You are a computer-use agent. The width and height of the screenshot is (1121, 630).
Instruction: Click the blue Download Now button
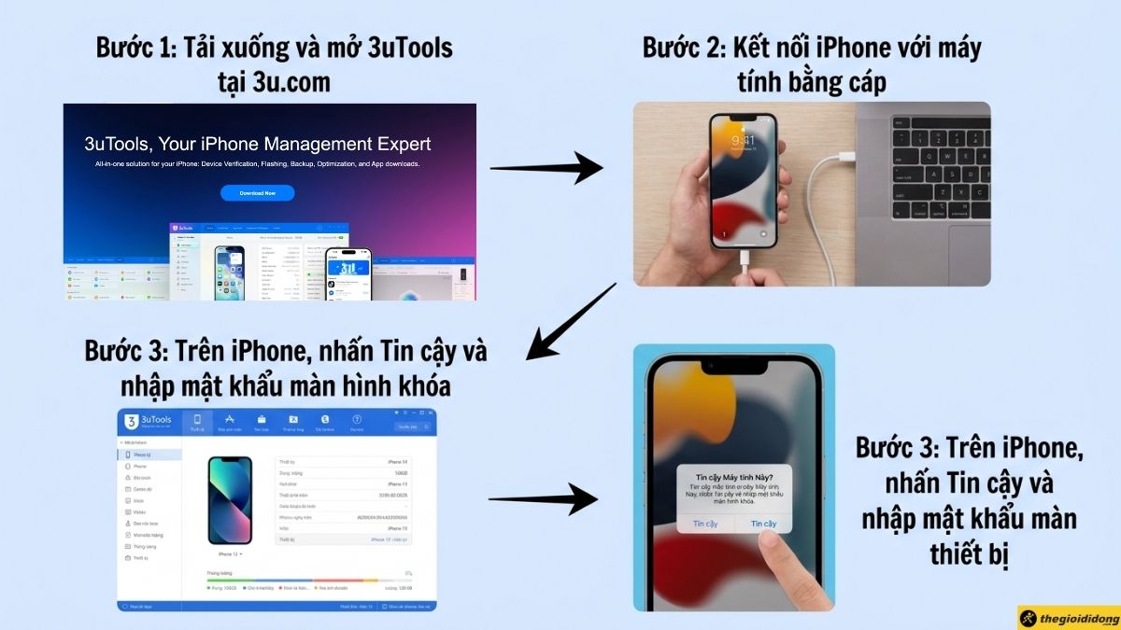pyautogui.click(x=257, y=193)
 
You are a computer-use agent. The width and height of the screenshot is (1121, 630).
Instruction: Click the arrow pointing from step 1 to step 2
pyautogui.click(x=546, y=168)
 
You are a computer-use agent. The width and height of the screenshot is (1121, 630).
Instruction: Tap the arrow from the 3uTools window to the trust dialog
pyautogui.click(x=542, y=499)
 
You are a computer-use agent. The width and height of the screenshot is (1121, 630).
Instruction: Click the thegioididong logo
pyautogui.click(x=1069, y=618)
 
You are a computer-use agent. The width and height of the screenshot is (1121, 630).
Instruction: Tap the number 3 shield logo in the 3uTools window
pyautogui.click(x=133, y=422)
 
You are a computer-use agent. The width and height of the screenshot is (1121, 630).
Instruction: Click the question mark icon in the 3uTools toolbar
pyautogui.click(x=357, y=421)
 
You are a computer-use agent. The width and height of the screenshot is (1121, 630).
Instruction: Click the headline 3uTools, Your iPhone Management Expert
pyautogui.click(x=258, y=144)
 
